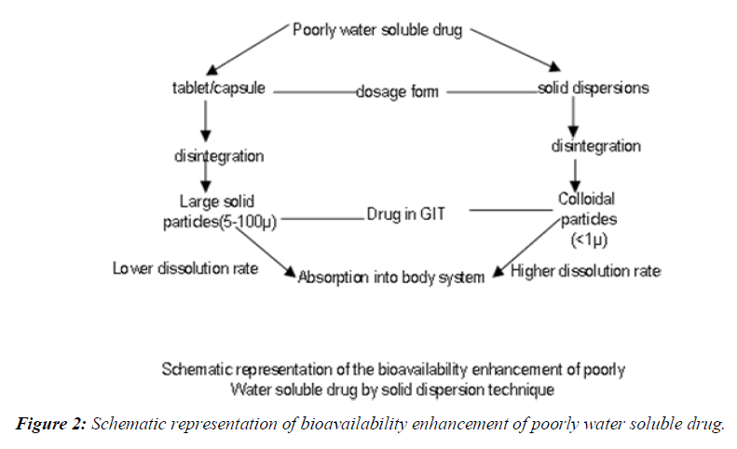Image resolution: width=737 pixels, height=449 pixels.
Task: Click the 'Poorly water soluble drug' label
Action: pyautogui.click(x=377, y=29)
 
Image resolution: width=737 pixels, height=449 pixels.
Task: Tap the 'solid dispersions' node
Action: pyautogui.click(x=594, y=89)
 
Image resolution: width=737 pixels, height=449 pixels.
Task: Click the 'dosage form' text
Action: pyautogui.click(x=397, y=91)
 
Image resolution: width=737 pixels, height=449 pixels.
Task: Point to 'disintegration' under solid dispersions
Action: pyautogui.click(x=595, y=146)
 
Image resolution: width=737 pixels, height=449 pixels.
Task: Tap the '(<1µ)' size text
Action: pyautogui.click(x=589, y=240)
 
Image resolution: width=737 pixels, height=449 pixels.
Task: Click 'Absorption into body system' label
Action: pyautogui.click(x=390, y=277)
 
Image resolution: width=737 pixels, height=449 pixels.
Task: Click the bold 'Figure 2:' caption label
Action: pyautogui.click(x=50, y=425)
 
